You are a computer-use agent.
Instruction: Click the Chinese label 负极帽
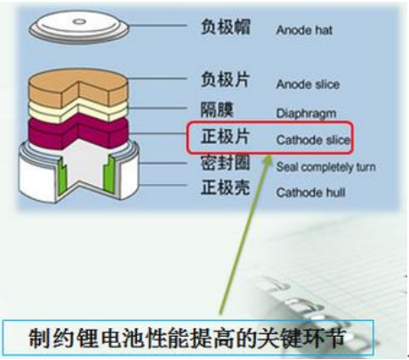226,27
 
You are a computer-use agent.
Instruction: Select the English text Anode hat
304,30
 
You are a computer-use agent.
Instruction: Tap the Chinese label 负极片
226,79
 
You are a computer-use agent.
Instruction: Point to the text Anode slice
308,84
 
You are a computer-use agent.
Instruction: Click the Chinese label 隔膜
217,109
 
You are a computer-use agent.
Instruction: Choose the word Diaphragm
306,114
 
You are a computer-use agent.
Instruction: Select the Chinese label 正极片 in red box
226,137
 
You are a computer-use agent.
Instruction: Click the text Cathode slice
313,140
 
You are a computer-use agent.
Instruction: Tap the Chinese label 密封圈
226,163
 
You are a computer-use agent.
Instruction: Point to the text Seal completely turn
326,167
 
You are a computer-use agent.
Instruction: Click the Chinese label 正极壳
226,188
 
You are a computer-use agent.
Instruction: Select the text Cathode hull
311,193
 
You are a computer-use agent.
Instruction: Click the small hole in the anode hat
79,21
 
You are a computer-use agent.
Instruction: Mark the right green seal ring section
109,172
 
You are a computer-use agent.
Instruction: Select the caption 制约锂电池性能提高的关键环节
187,338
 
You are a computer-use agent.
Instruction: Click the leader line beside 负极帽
157,26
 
